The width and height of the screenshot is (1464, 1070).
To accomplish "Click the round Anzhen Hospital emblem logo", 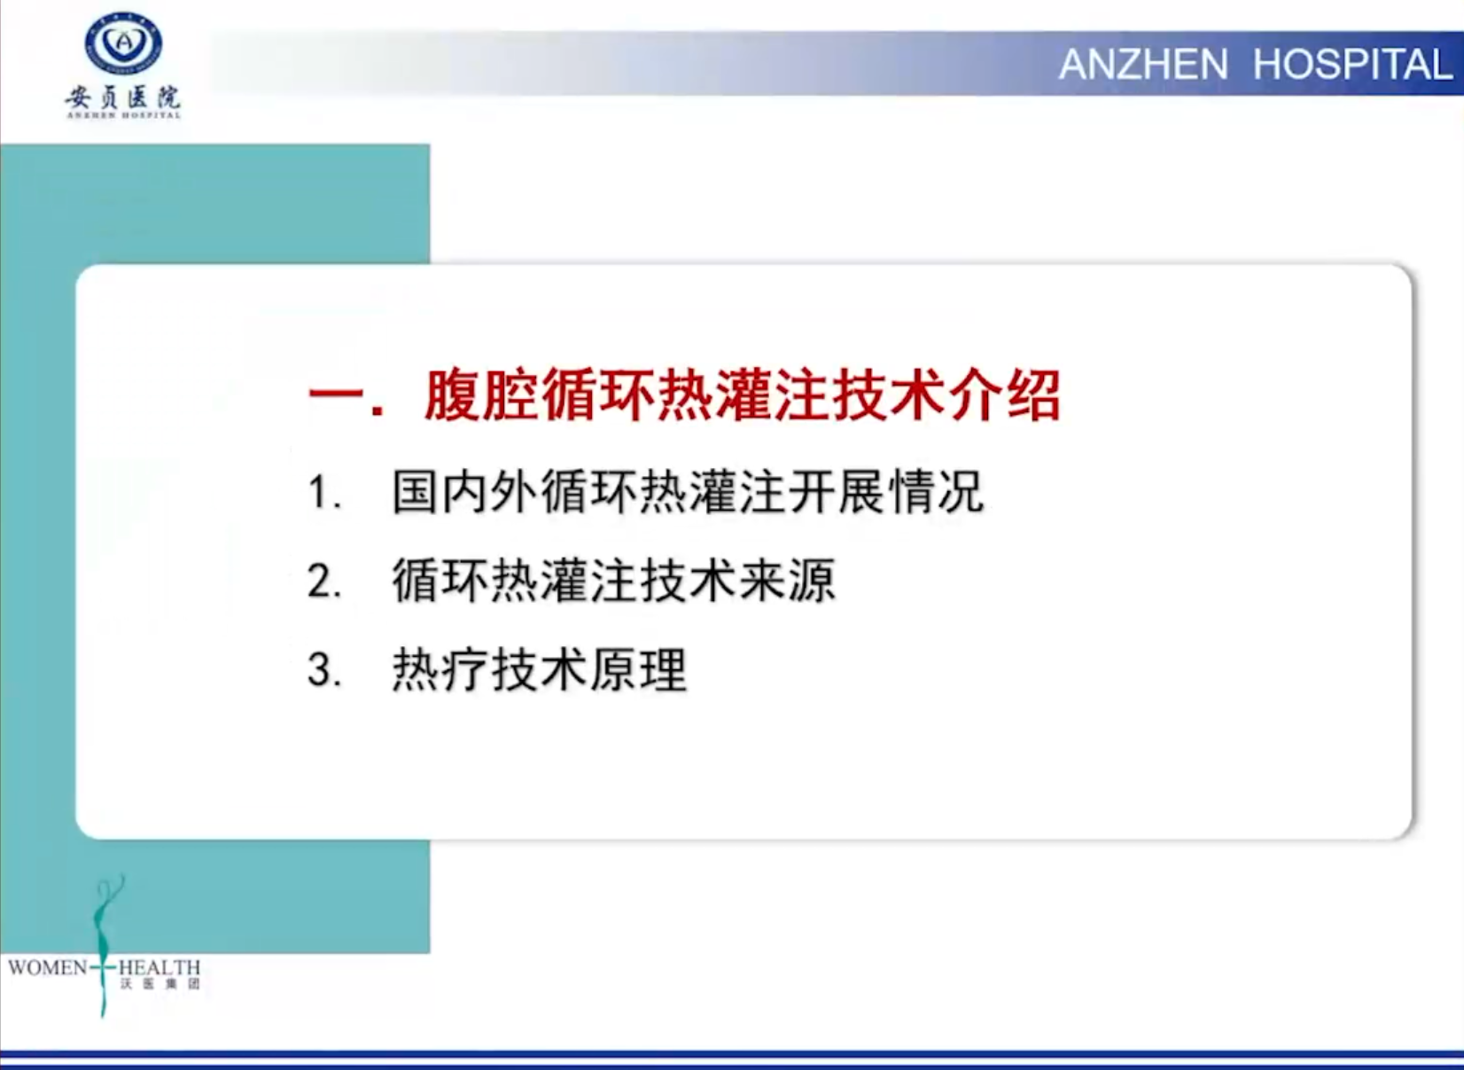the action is click(x=123, y=43).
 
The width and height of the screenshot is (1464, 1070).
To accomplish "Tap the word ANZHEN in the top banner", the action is click(x=1143, y=65).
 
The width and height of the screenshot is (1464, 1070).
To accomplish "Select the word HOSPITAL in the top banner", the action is click(x=1353, y=65).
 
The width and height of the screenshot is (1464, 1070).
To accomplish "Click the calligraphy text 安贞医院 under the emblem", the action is click(x=123, y=98).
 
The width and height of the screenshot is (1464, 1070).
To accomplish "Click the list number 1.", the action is click(x=324, y=492).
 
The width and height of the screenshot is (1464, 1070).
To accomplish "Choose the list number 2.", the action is click(x=324, y=582).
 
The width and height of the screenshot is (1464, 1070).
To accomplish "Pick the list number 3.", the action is click(x=324, y=670).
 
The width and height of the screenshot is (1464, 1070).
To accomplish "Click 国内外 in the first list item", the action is click(x=465, y=491).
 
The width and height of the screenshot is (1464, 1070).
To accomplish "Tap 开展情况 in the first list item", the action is click(x=886, y=491).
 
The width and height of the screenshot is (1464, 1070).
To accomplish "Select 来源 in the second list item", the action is click(x=788, y=581).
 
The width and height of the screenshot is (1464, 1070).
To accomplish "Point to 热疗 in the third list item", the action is click(x=440, y=670).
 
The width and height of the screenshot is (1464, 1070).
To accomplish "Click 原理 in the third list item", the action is click(x=638, y=670).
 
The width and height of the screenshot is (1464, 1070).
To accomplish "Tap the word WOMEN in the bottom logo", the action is click(x=48, y=968).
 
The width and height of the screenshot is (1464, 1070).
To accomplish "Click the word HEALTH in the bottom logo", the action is click(x=160, y=968).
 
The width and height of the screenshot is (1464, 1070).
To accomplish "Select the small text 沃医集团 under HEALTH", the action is click(x=160, y=984).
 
